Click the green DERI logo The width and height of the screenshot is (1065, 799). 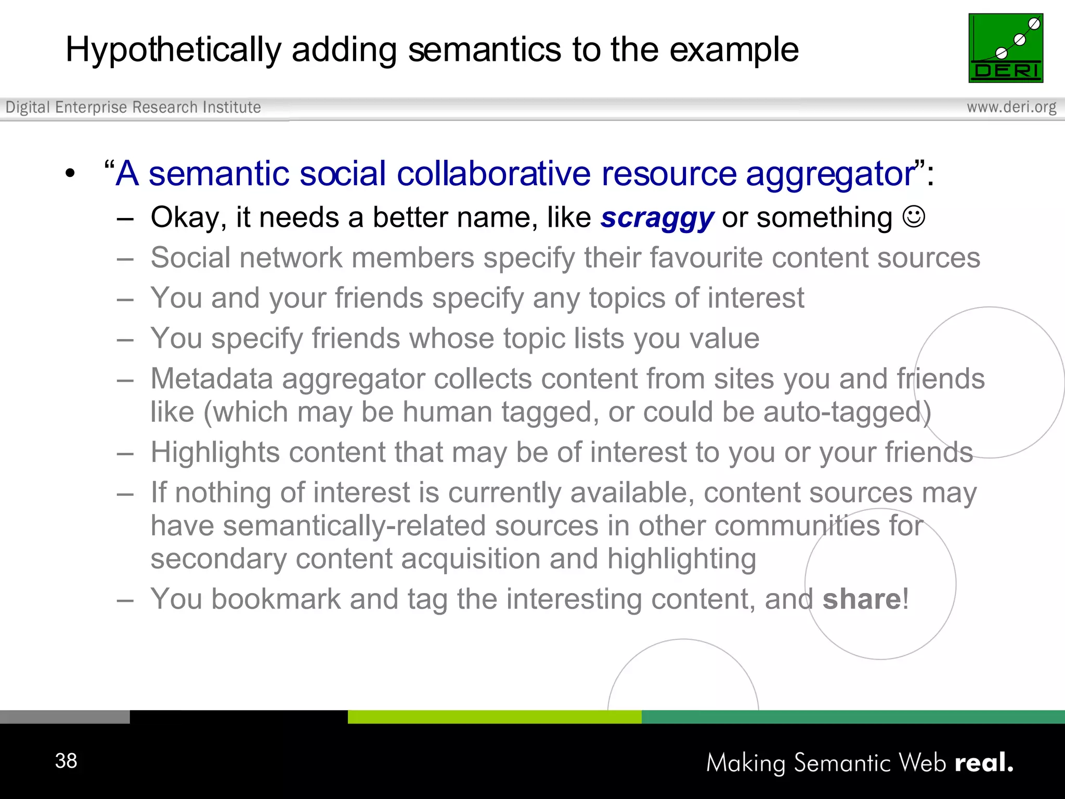click(1005, 48)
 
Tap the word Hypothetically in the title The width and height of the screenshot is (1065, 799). click(173, 50)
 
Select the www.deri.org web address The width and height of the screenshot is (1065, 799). click(1011, 107)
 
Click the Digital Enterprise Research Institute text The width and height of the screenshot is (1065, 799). click(133, 107)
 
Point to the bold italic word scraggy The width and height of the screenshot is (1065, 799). click(657, 218)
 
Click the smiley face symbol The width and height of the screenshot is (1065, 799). click(914, 216)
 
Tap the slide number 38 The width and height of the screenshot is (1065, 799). click(66, 761)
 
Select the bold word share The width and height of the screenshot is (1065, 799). click(862, 599)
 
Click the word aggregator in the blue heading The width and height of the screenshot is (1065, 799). click(830, 174)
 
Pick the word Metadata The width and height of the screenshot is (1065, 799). click(212, 379)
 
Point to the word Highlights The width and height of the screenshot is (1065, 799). click(215, 452)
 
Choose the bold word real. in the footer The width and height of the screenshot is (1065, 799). click(984, 763)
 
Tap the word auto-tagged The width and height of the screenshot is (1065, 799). click(842, 412)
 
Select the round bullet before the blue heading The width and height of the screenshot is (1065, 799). click(71, 174)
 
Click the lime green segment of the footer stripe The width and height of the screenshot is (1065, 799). click(494, 717)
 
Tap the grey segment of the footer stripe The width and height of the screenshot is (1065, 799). click(64, 717)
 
